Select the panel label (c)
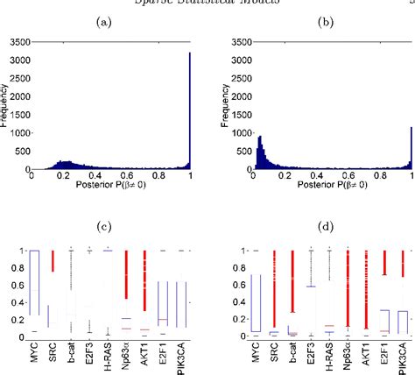(107, 228)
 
